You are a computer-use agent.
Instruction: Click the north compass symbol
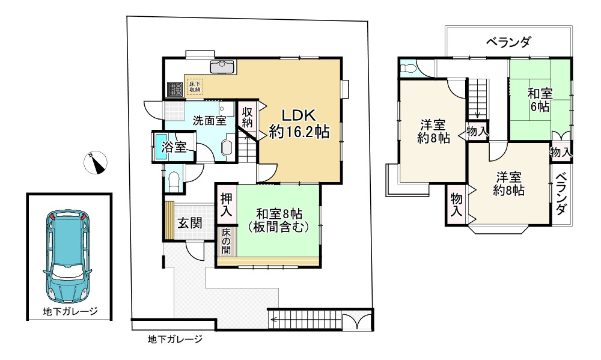tap(96, 162)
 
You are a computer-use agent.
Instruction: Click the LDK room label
tap(299, 115)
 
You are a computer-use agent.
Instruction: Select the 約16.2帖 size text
tap(299, 132)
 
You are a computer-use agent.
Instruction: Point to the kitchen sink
tap(222, 66)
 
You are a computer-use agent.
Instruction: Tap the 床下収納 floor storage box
tap(195, 86)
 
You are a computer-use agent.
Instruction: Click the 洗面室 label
tap(209, 120)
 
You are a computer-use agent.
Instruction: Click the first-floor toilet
tap(174, 180)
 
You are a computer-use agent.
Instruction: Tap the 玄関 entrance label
tap(188, 222)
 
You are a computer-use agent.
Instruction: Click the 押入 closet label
tap(226, 204)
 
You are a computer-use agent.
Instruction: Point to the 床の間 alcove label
tap(226, 241)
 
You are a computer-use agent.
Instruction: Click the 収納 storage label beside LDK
tap(247, 117)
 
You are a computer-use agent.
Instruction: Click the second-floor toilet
tap(407, 67)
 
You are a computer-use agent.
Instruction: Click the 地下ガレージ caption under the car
tap(70, 311)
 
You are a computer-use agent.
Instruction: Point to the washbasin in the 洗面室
tap(228, 148)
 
